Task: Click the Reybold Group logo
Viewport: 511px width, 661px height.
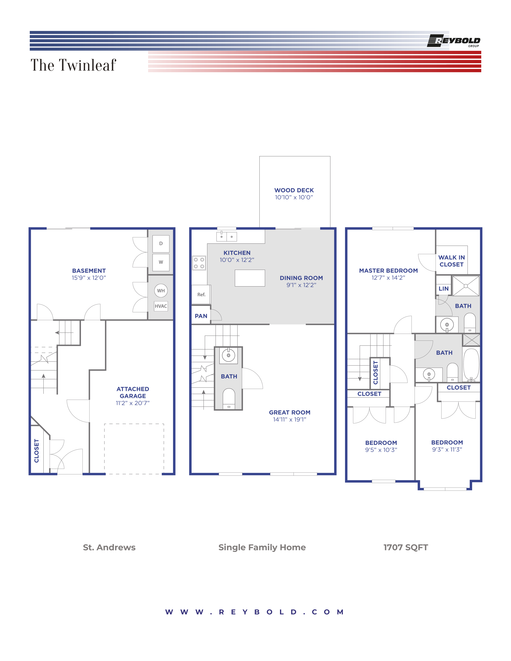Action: [x=453, y=41]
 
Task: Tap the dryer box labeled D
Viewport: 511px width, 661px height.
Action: [x=161, y=244]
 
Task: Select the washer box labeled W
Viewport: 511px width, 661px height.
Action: [x=161, y=262]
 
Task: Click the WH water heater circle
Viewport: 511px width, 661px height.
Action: [x=161, y=291]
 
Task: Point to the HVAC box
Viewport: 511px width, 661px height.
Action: [x=161, y=306]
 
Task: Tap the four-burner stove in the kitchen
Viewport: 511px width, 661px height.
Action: [x=199, y=263]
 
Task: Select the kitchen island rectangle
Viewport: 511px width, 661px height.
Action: [x=250, y=278]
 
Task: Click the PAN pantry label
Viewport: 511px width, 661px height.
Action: [x=201, y=316]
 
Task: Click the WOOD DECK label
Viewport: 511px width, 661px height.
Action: [x=294, y=190]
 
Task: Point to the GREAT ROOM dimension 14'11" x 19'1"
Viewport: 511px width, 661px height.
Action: [x=289, y=419]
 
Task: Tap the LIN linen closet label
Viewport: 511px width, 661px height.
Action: [x=443, y=289]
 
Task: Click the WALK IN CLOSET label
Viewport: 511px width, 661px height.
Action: [x=451, y=261]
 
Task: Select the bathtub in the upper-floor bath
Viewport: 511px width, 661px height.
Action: [x=471, y=365]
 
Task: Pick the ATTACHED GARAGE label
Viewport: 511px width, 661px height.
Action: [x=133, y=393]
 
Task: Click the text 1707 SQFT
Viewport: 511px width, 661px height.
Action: [x=406, y=547]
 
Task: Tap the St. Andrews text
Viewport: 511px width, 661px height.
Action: [x=109, y=547]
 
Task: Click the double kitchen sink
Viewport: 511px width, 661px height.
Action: [x=226, y=236]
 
